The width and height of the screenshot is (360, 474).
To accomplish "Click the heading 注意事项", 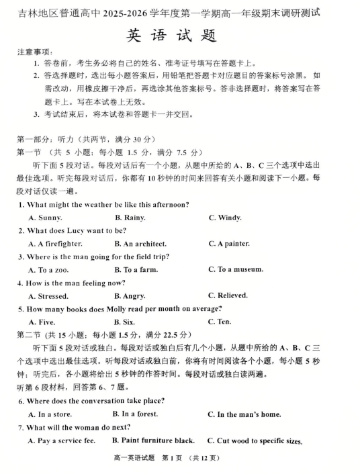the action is (35, 52).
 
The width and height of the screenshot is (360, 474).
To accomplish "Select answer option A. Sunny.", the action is (46, 218).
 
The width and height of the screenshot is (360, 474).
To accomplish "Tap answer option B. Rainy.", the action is (130, 218).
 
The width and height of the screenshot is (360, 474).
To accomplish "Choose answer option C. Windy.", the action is (225, 218).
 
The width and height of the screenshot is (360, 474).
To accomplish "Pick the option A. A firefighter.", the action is (55, 244).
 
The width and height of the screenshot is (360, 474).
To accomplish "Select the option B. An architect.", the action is (140, 244).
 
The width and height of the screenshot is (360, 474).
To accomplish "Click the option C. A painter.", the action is (229, 244).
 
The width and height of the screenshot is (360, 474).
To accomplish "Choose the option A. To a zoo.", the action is (48, 270).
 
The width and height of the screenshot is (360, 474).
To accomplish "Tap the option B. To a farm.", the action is (136, 270).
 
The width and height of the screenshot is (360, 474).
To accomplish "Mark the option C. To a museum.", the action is (236, 269).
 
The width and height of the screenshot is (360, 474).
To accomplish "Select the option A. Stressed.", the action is (48, 296).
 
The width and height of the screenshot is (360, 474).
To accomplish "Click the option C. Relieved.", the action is (228, 295).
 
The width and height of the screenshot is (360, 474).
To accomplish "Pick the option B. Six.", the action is (125, 322).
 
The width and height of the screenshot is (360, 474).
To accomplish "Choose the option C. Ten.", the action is (220, 322).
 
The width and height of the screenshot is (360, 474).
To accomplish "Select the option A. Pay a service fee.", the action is (62, 441).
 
